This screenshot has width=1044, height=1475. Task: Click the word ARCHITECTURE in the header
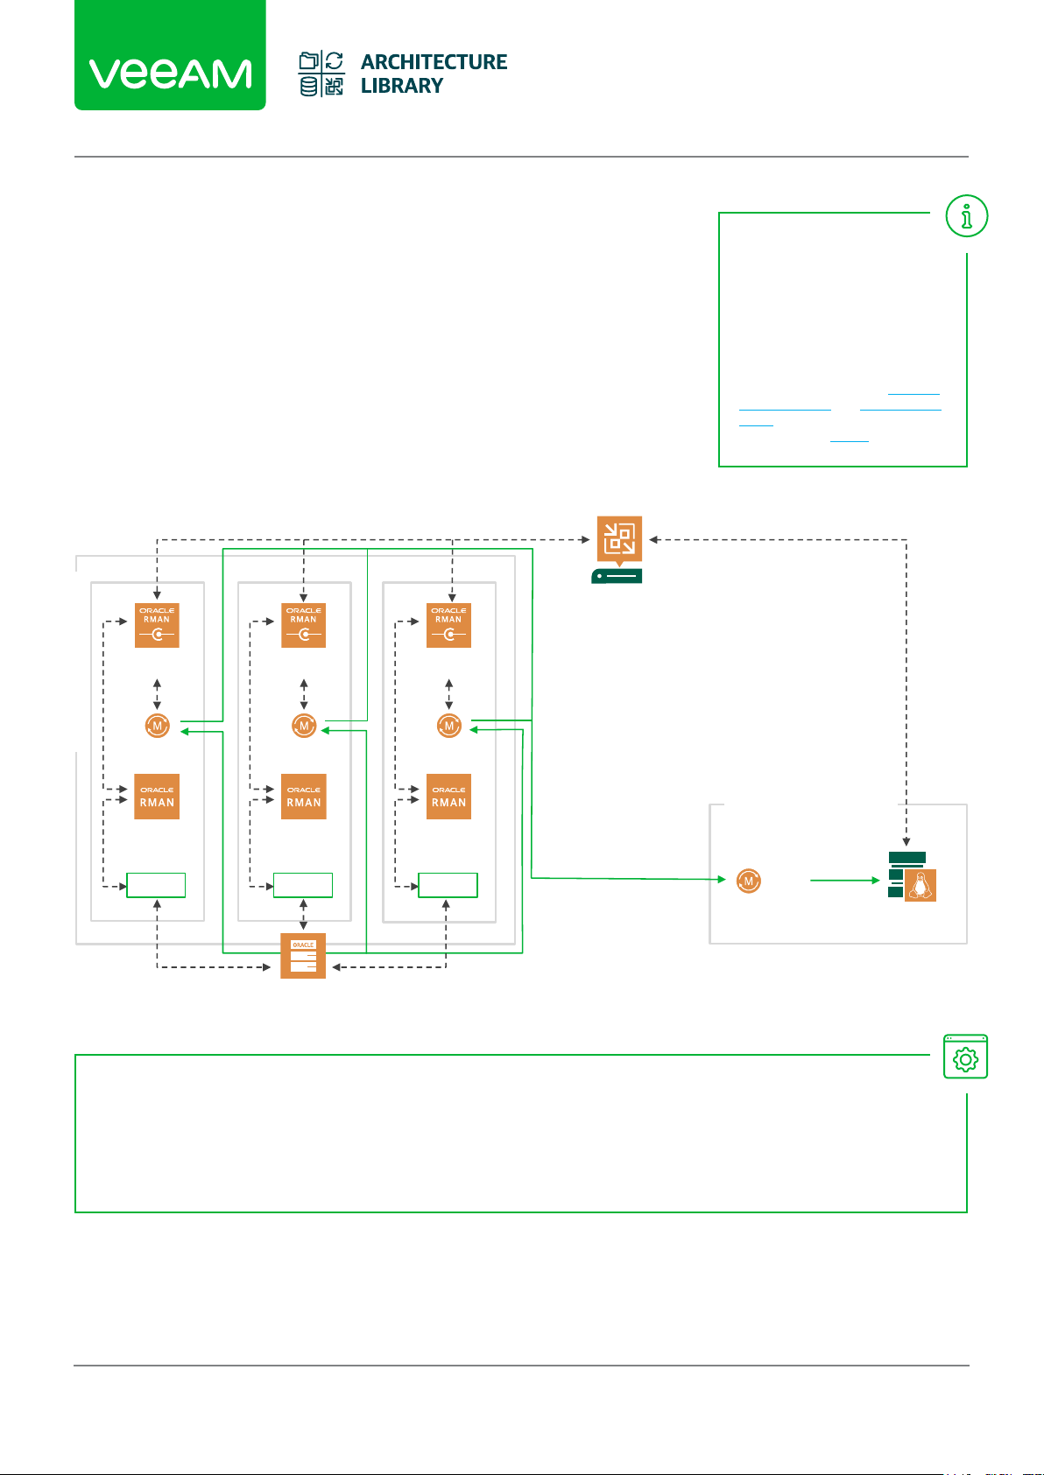[434, 62]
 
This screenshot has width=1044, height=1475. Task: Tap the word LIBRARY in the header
[402, 86]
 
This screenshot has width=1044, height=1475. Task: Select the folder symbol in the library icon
[309, 61]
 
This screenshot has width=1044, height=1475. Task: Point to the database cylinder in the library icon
[309, 86]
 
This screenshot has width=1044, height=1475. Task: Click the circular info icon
[967, 216]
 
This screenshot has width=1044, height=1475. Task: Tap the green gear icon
[965, 1057]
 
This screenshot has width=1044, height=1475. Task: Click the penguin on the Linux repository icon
[920, 886]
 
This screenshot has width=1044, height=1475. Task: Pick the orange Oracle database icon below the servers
[303, 956]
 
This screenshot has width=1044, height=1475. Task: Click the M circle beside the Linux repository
[749, 881]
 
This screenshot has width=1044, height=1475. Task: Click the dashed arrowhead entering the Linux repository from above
[906, 841]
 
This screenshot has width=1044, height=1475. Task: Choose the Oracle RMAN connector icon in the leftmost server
[157, 625]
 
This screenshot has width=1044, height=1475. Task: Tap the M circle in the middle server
[304, 726]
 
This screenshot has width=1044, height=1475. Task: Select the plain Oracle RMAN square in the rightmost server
[448, 797]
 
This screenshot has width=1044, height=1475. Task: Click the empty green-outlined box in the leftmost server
[157, 885]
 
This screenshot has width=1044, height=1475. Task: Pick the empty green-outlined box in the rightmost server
[448, 885]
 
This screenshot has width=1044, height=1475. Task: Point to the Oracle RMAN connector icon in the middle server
[303, 625]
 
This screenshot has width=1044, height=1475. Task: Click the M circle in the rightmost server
[449, 726]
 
